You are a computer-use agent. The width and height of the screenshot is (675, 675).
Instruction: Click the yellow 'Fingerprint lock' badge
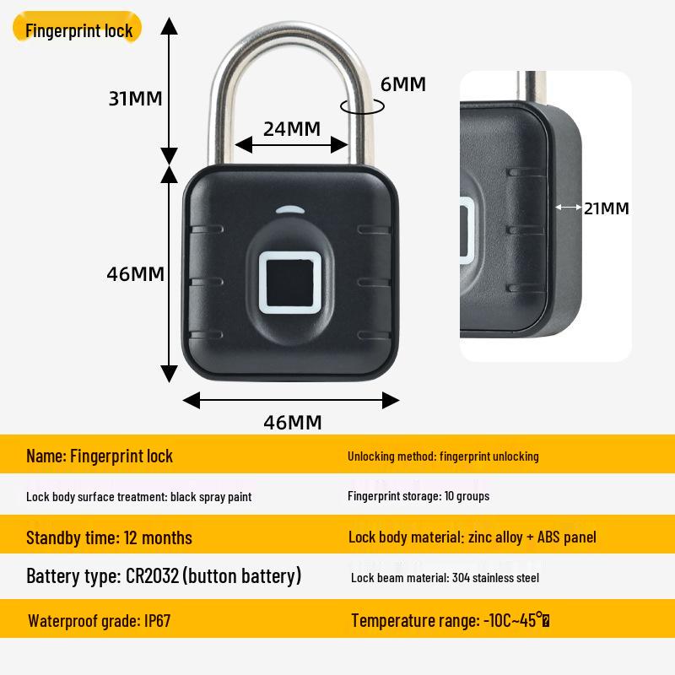click(78, 31)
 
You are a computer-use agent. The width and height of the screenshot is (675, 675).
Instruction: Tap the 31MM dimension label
click(134, 98)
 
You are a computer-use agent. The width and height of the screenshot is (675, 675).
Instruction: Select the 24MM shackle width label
click(292, 128)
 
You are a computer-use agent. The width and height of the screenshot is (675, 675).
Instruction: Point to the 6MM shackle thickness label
click(402, 84)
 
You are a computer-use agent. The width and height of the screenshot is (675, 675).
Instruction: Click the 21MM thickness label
click(607, 208)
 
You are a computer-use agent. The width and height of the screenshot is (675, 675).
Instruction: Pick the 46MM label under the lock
click(292, 422)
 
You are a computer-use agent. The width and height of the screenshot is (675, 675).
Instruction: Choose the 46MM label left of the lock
click(135, 274)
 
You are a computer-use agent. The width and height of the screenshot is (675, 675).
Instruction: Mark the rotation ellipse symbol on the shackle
click(362, 106)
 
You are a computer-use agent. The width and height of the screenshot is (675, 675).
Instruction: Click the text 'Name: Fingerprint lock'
click(100, 456)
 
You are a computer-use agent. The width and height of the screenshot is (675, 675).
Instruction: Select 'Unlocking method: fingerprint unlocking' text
click(443, 456)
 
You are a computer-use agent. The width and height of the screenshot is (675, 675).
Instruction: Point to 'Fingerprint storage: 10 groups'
click(418, 496)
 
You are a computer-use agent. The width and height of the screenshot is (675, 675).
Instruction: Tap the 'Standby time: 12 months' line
click(109, 537)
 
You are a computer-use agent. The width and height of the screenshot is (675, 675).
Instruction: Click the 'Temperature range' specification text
click(451, 621)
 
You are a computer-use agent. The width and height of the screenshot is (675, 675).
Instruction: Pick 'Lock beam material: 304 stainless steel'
click(445, 578)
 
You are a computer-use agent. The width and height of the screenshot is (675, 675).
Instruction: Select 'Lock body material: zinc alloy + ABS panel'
click(472, 537)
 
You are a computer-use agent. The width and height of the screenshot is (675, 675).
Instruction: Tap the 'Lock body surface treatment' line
click(138, 497)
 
